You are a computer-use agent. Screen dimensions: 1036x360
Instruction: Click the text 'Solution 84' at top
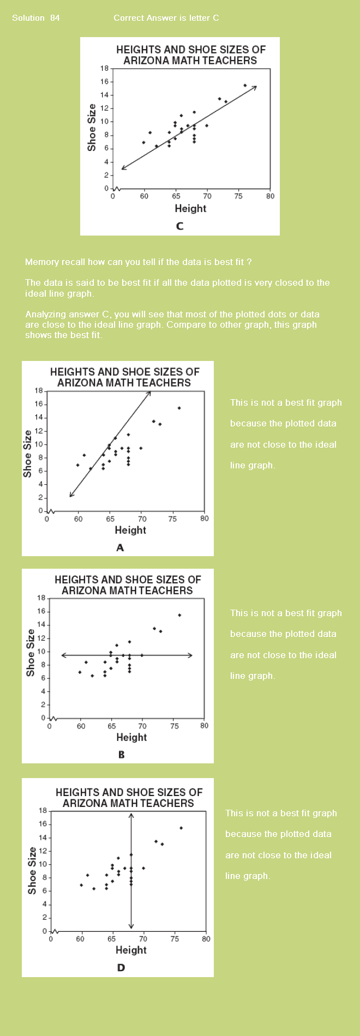pyautogui.click(x=36, y=18)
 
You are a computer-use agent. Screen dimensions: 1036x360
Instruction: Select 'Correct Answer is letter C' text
pyautogui.click(x=166, y=18)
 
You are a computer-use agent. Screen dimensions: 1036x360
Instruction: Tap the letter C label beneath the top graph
pyautogui.click(x=180, y=226)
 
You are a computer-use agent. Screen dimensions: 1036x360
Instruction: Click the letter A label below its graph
pyautogui.click(x=120, y=547)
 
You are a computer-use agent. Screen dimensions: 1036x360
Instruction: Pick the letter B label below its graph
pyautogui.click(x=121, y=755)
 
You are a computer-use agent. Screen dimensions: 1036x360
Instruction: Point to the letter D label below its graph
pyautogui.click(x=121, y=967)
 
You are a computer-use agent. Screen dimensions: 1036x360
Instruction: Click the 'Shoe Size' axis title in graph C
pyautogui.click(x=92, y=128)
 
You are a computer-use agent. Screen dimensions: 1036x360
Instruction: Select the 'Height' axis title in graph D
pyautogui.click(x=131, y=950)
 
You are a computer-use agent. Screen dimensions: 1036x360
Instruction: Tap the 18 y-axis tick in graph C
pyautogui.click(x=104, y=69)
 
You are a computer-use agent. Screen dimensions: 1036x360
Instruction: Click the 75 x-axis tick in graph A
pyautogui.click(x=172, y=519)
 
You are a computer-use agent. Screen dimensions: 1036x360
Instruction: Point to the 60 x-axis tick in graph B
pyautogui.click(x=81, y=726)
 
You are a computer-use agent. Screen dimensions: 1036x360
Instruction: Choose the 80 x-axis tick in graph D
pyautogui.click(x=206, y=939)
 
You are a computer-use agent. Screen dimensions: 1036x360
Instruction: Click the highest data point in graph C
pyautogui.click(x=245, y=85)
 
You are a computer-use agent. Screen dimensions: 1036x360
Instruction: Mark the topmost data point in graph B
pyautogui.click(x=179, y=615)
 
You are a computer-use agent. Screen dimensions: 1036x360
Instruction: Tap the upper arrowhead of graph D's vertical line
pyautogui.click(x=131, y=815)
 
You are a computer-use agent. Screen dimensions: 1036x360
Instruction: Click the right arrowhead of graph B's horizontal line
pyautogui.click(x=190, y=655)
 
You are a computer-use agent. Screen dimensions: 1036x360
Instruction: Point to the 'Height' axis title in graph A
pyautogui.click(x=130, y=530)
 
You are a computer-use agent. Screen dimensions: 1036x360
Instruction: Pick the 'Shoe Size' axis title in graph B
pyautogui.click(x=31, y=653)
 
